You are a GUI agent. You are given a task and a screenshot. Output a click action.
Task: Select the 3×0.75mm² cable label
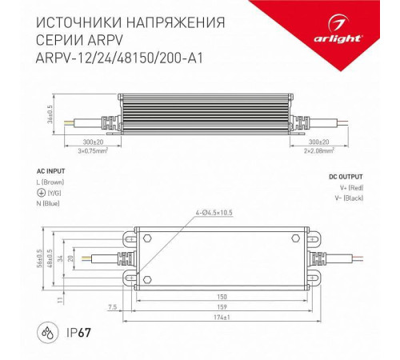tap(92, 149)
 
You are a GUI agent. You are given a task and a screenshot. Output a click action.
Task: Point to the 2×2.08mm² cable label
tap(324, 149)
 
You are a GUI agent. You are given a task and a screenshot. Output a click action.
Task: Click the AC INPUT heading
tap(52, 171)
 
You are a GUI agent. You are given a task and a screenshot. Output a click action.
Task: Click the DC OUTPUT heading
tap(345, 177)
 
